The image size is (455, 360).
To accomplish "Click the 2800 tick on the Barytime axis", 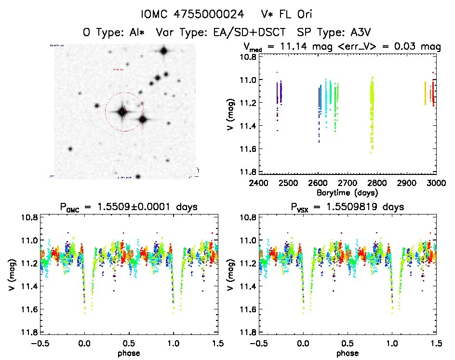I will [x=377, y=184].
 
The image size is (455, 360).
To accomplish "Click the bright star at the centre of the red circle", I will [x=122, y=112].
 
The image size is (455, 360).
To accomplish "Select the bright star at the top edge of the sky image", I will [x=164, y=51].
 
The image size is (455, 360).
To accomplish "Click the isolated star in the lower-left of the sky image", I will [x=70, y=149].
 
